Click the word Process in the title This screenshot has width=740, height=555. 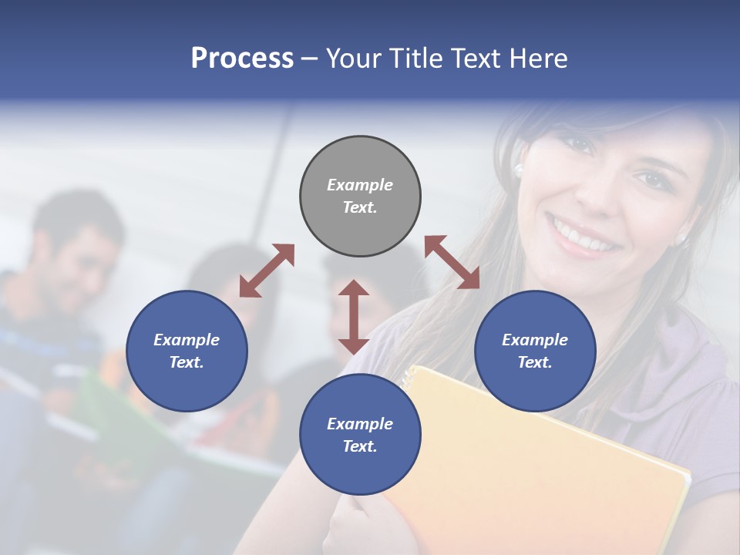[x=242, y=59]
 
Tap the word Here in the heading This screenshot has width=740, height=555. [x=537, y=59]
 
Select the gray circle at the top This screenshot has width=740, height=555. [x=360, y=196]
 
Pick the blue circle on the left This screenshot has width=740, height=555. [x=187, y=351]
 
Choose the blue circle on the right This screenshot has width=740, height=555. [x=535, y=351]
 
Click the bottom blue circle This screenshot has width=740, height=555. [x=360, y=435]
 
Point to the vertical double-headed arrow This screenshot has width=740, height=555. [x=354, y=317]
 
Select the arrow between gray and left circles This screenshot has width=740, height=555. [x=267, y=270]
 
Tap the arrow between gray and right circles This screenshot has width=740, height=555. [x=452, y=262]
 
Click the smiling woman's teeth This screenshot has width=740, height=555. [x=584, y=237]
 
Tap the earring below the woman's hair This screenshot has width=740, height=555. [x=519, y=168]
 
